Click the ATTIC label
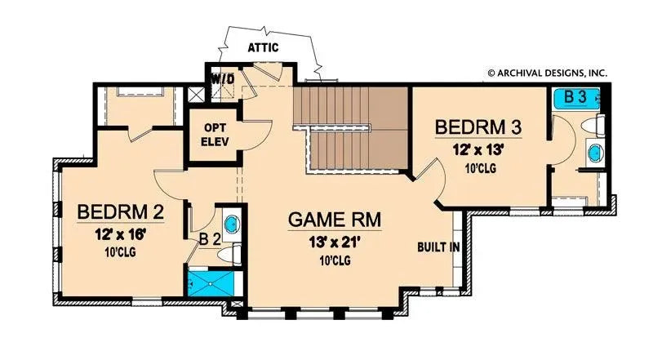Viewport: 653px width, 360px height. pyautogui.click(x=263, y=48)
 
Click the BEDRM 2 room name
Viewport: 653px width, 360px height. pyautogui.click(x=121, y=213)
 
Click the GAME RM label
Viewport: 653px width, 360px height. pyautogui.click(x=335, y=220)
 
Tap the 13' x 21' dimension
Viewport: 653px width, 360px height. pyautogui.click(x=335, y=242)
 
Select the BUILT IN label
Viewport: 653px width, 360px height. pyautogui.click(x=437, y=247)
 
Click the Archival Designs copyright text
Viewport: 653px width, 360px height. pyautogui.click(x=548, y=73)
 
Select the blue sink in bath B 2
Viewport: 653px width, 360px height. pyautogui.click(x=231, y=224)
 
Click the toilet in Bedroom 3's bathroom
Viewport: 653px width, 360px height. pyautogui.click(x=597, y=125)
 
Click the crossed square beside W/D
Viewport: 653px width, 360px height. pyautogui.click(x=195, y=92)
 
